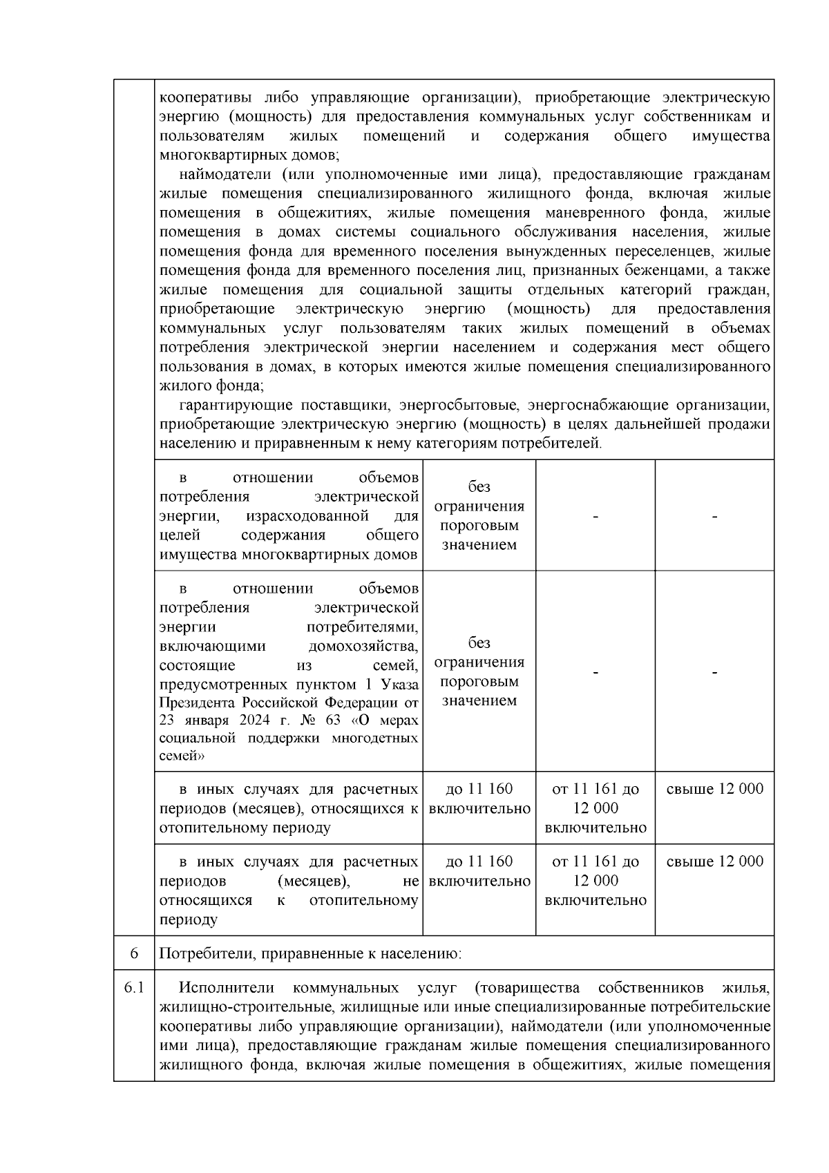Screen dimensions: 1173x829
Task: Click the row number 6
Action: tap(134, 954)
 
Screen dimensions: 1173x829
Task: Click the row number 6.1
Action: tap(134, 988)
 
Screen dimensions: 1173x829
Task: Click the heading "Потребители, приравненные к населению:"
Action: tap(310, 954)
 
